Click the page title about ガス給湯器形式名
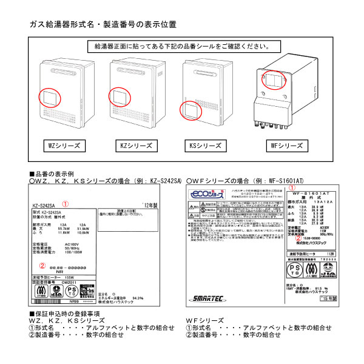[x=103, y=25]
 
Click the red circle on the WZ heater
[x=50, y=97]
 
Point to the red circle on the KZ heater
[x=119, y=97]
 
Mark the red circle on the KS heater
[x=192, y=111]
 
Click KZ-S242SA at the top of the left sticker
[x=46, y=205]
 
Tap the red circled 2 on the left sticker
[x=42, y=265]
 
